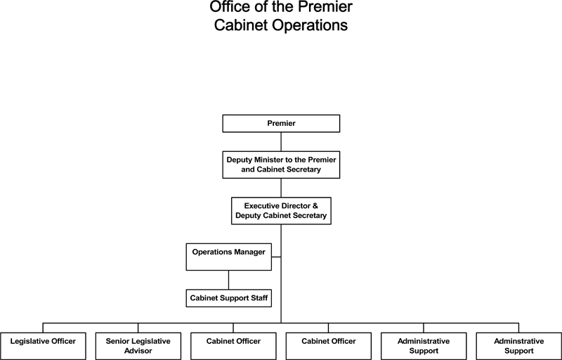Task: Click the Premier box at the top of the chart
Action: [281, 123]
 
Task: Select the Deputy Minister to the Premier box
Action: [281, 165]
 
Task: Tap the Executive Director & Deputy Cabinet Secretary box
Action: [281, 211]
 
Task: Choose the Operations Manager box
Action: [229, 257]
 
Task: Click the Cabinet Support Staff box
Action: [229, 298]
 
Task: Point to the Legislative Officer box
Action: [43, 346]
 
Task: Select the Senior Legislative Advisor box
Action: [138, 346]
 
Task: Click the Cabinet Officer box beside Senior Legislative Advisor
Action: [233, 346]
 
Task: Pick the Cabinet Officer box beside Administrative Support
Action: [328, 346]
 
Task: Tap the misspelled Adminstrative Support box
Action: [518, 346]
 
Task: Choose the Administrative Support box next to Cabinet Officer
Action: [424, 346]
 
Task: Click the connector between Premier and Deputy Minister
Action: [281, 141]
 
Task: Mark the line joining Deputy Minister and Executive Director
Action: [281, 188]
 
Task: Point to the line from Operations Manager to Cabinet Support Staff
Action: [229, 280]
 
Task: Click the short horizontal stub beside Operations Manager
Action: [276, 257]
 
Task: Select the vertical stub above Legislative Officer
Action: [43, 328]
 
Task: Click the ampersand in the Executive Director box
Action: [315, 206]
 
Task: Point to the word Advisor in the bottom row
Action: [138, 351]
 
